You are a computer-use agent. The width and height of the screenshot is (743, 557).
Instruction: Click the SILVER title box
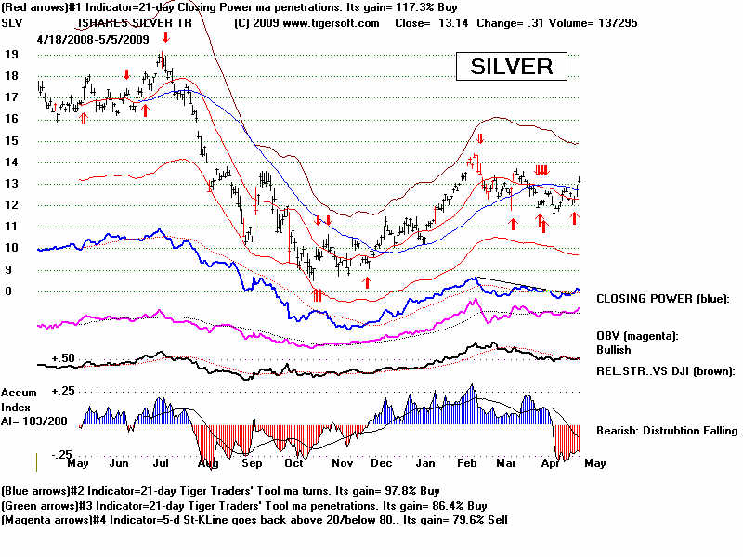click(511, 67)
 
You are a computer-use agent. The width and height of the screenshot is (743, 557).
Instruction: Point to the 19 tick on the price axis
click(12, 54)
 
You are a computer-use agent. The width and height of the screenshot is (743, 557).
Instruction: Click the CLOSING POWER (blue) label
click(663, 299)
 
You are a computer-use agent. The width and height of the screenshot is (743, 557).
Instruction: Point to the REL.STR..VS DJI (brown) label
click(665, 370)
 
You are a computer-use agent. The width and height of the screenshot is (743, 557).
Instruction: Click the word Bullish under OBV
click(614, 350)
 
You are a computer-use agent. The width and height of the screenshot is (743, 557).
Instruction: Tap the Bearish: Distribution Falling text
click(667, 431)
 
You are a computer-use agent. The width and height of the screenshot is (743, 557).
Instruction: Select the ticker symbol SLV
click(13, 23)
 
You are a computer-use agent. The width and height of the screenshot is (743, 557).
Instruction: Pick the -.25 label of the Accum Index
click(60, 454)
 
